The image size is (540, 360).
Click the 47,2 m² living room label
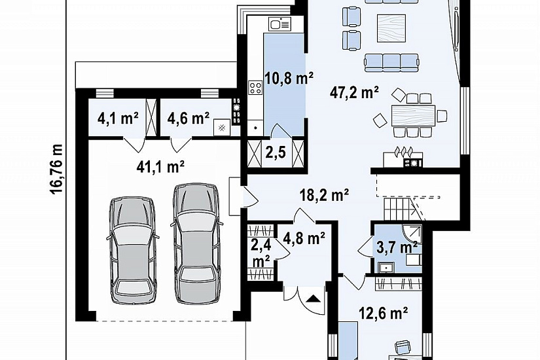(x=354, y=92)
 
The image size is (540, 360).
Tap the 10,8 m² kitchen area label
(x=289, y=78)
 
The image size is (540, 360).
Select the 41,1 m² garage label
(x=160, y=167)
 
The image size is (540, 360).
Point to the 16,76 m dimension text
(x=57, y=168)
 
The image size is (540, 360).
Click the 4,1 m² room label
(x=118, y=118)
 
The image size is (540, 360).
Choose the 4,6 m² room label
(x=189, y=118)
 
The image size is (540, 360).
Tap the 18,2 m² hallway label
(x=324, y=195)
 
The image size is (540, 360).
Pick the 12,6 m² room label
(x=384, y=313)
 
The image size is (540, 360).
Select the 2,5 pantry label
(x=276, y=152)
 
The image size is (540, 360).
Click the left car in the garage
(x=133, y=251)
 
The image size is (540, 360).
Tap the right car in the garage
(x=196, y=243)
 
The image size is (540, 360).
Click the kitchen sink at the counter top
(x=280, y=24)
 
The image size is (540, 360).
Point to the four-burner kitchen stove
(x=256, y=88)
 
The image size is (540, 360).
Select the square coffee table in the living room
(x=391, y=28)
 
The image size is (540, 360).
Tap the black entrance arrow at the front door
(x=313, y=298)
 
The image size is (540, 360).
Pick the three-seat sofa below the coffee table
(x=392, y=62)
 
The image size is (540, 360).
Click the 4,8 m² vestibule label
(x=304, y=238)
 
